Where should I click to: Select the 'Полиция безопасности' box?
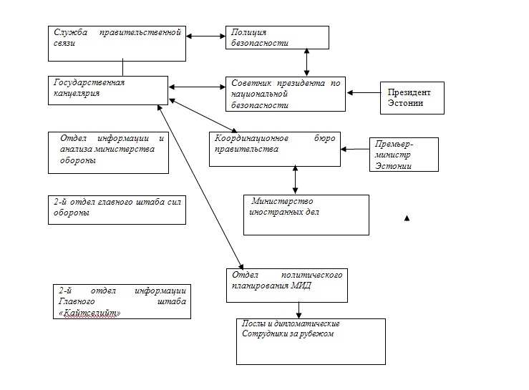pos(276,38)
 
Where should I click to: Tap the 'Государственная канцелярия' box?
pos(108,92)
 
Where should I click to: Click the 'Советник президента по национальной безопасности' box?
pos(283,94)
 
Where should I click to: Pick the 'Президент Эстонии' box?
pos(412,97)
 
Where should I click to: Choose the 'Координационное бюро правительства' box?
pos(274,149)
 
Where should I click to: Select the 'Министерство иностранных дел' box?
pos(306,215)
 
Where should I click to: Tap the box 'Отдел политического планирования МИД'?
pos(286,285)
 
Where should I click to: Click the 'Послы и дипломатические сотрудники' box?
pos(310,341)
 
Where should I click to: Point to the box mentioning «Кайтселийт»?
pos(122,301)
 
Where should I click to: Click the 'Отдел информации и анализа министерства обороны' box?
pos(108,152)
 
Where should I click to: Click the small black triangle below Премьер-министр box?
pos(407,218)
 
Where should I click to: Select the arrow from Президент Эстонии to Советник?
pos(363,92)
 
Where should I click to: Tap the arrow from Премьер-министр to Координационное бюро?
pos(355,149)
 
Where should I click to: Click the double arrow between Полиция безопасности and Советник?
pos(307,62)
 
